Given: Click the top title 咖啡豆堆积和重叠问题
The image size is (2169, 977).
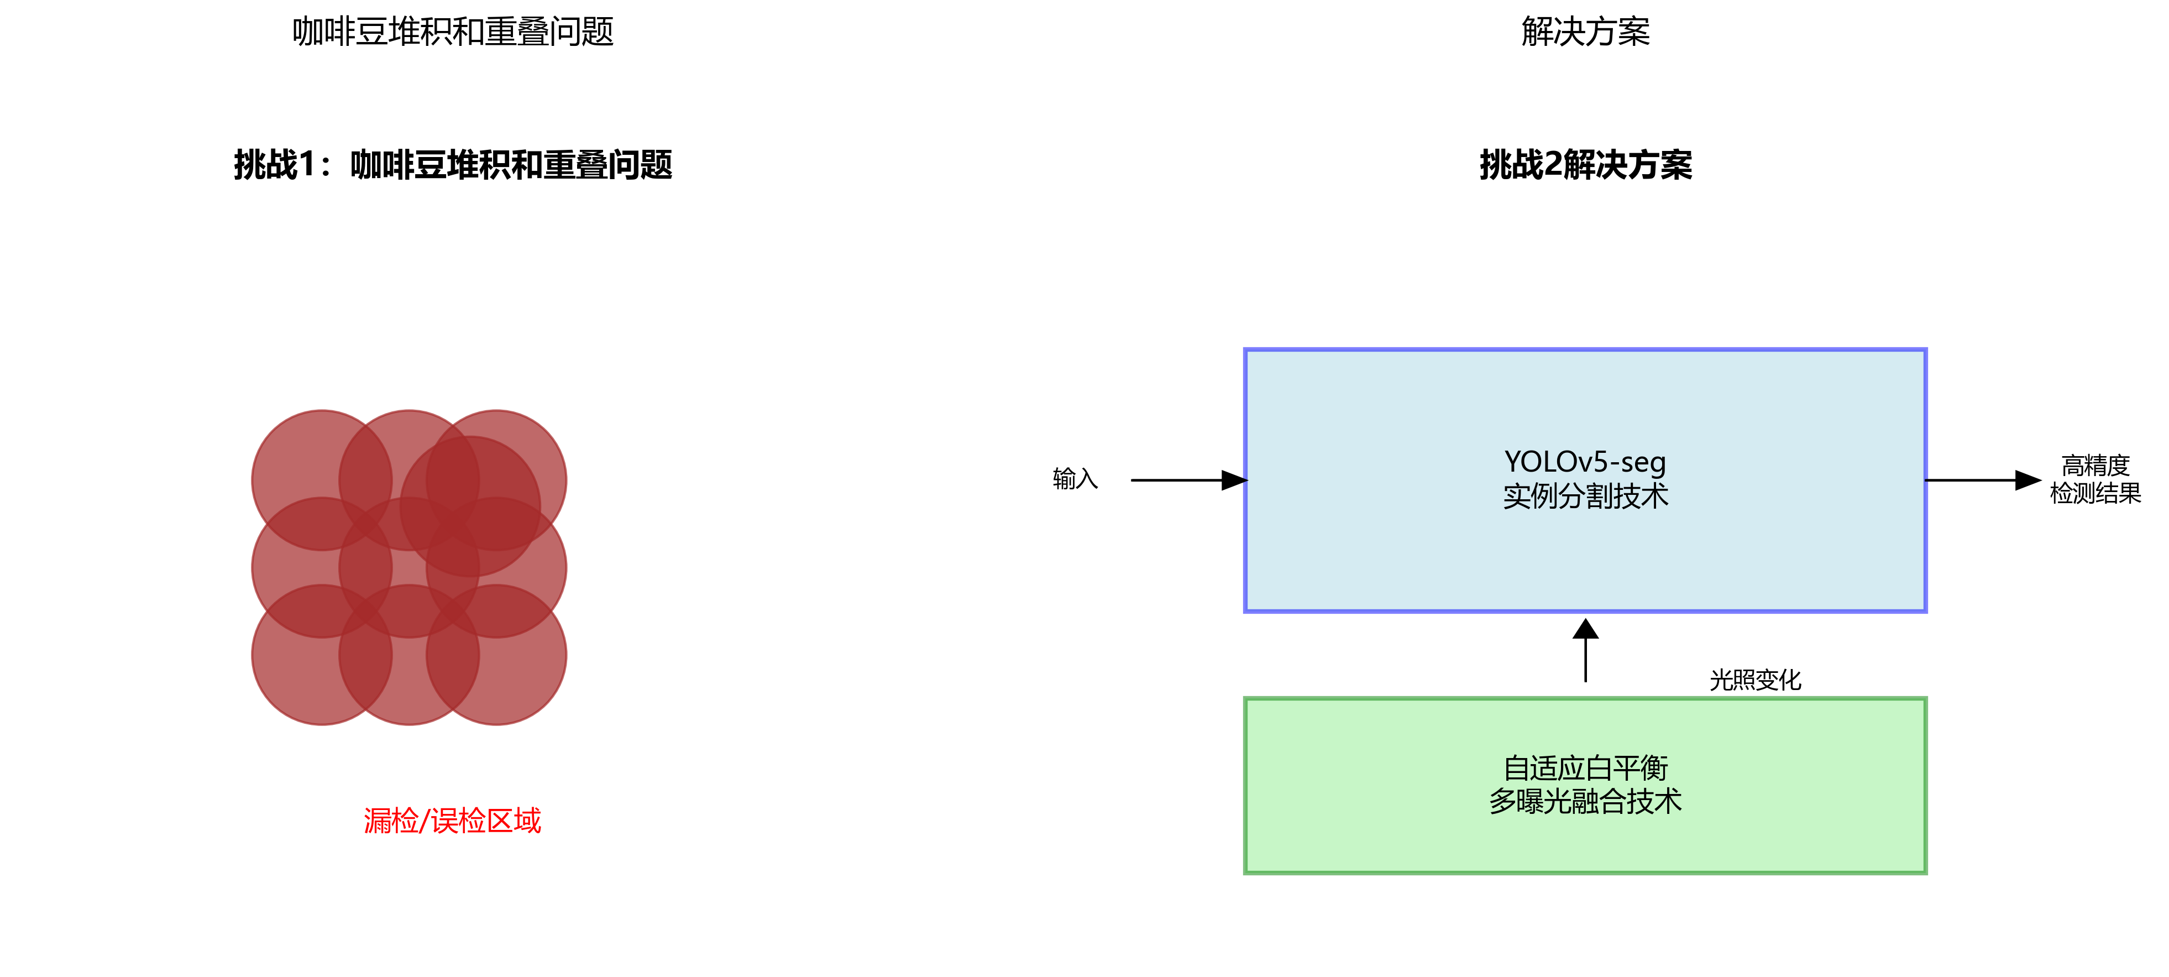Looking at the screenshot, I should pos(453,32).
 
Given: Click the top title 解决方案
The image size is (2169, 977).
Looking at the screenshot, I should pos(1585,32).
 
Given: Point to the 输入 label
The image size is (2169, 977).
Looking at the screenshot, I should pos(1075,479).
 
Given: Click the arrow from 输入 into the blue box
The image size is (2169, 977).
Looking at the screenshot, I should pos(1187,480).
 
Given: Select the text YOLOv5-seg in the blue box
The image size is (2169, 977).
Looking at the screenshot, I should pos(1585,462).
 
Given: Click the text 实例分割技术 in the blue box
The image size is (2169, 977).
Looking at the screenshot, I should pos(1585,496).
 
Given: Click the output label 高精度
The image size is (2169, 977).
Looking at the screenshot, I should pos(2095,465).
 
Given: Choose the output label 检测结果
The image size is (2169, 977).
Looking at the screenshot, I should pos(2095,494).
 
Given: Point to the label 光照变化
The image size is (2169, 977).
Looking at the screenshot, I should pos(1755,680).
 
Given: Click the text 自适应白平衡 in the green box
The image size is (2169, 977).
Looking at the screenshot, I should pos(1585,767).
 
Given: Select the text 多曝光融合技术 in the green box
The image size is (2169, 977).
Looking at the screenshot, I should pos(1585,801).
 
